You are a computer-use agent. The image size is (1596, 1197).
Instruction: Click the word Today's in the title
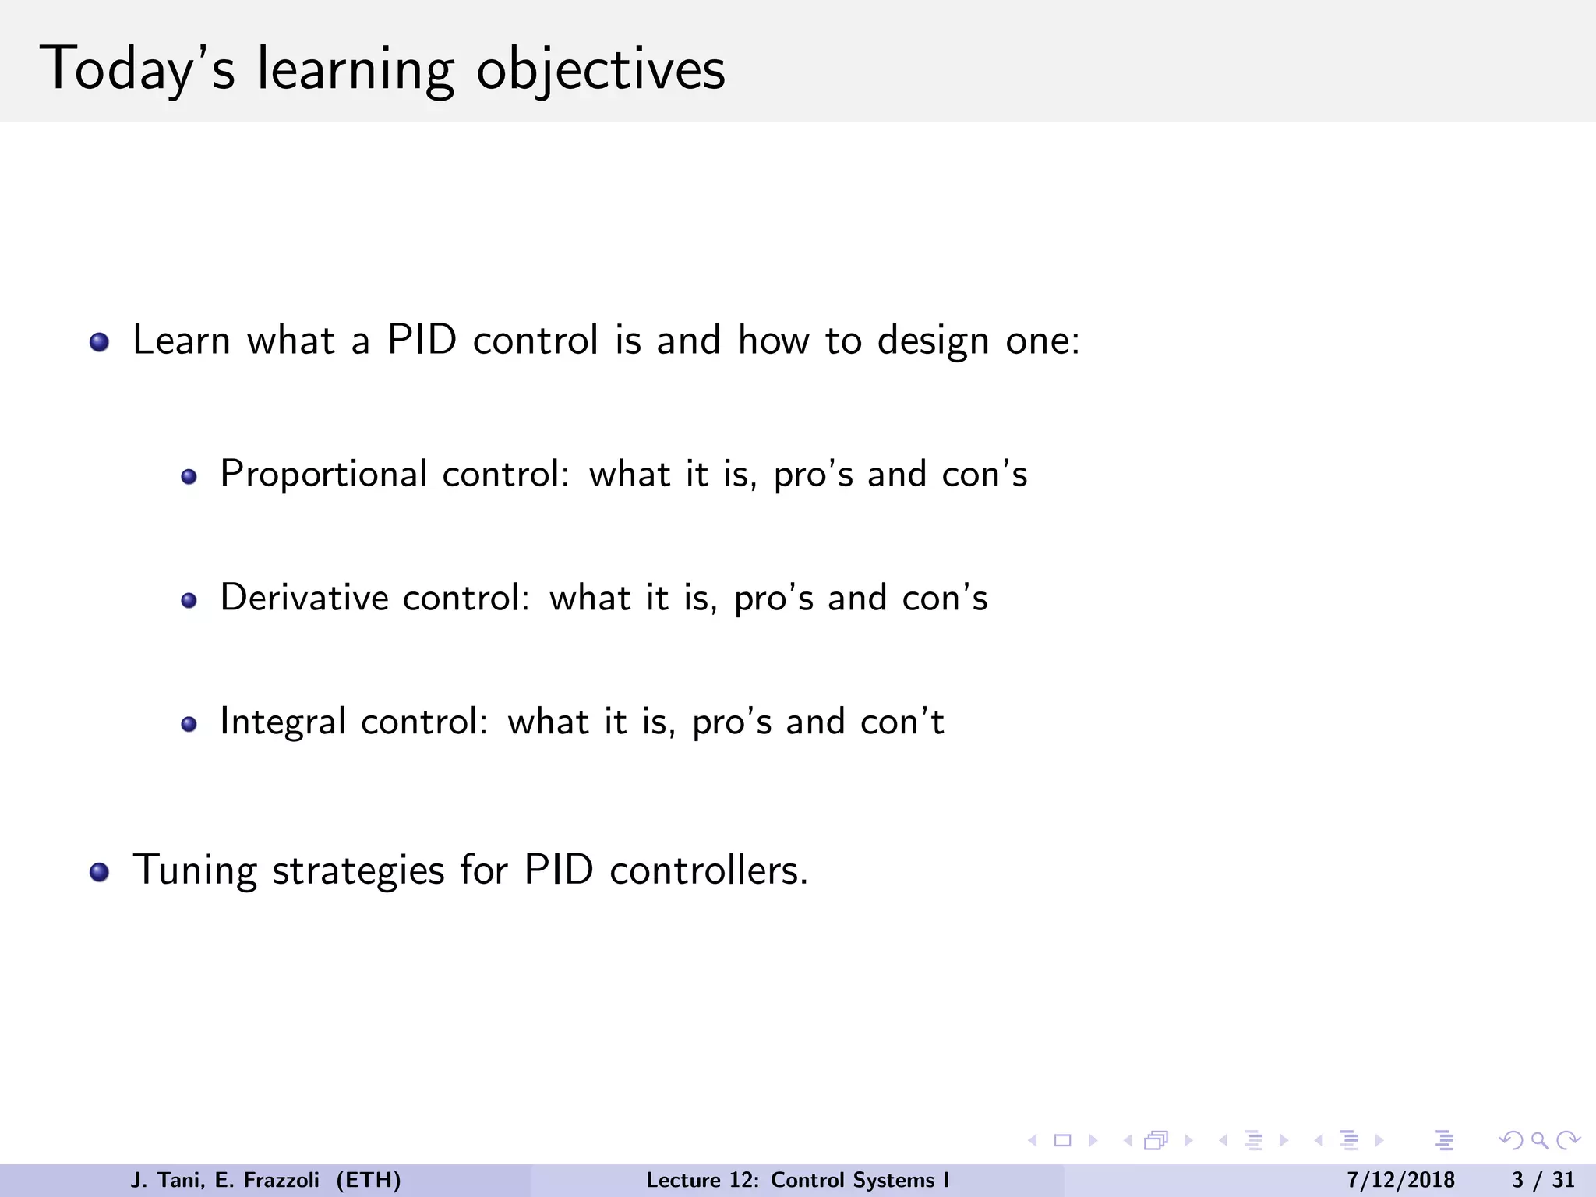[x=136, y=70]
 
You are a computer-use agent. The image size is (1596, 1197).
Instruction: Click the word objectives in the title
[x=600, y=70]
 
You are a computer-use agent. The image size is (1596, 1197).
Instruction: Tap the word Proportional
[x=323, y=475]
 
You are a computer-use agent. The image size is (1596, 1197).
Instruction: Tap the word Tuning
[x=195, y=870]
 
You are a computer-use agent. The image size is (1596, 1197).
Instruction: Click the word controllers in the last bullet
[x=708, y=870]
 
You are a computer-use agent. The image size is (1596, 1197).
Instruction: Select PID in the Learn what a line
[x=422, y=341]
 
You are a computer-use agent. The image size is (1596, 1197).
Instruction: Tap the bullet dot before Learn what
[x=99, y=343]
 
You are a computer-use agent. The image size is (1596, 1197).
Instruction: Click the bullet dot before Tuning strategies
[x=99, y=872]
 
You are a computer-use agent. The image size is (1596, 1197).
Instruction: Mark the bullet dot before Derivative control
[x=189, y=600]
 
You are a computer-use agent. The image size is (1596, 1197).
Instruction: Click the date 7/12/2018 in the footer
[x=1400, y=1180]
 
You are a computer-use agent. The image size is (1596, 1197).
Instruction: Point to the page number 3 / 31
[x=1543, y=1180]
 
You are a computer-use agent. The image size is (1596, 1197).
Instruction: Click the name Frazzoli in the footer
[x=281, y=1180]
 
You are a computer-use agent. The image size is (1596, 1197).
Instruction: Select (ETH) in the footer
[x=369, y=1180]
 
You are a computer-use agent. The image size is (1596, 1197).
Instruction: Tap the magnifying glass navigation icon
[x=1539, y=1140]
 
